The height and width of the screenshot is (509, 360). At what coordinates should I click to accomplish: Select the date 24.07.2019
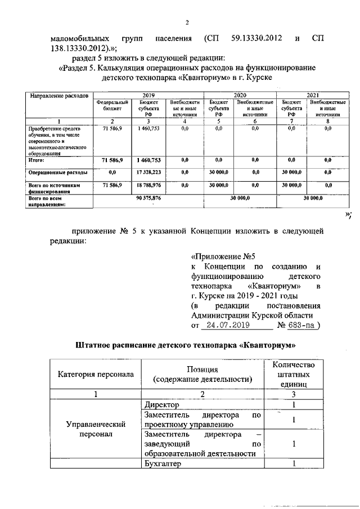click(x=226, y=325)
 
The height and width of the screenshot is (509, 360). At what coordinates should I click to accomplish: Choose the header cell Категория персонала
click(x=94, y=374)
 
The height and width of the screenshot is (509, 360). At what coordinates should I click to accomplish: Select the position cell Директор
click(x=162, y=405)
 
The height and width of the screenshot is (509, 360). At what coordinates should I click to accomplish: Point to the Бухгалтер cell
click(x=164, y=464)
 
